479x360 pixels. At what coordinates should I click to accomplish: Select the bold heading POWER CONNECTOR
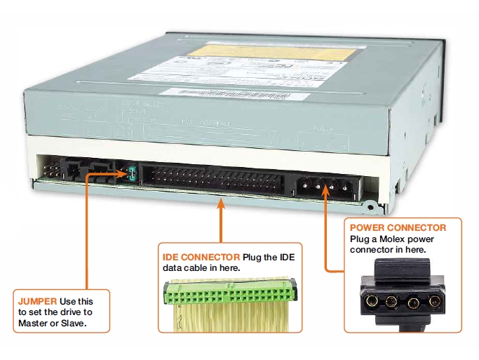click(x=397, y=227)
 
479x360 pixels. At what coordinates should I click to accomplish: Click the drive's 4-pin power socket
click(x=323, y=187)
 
